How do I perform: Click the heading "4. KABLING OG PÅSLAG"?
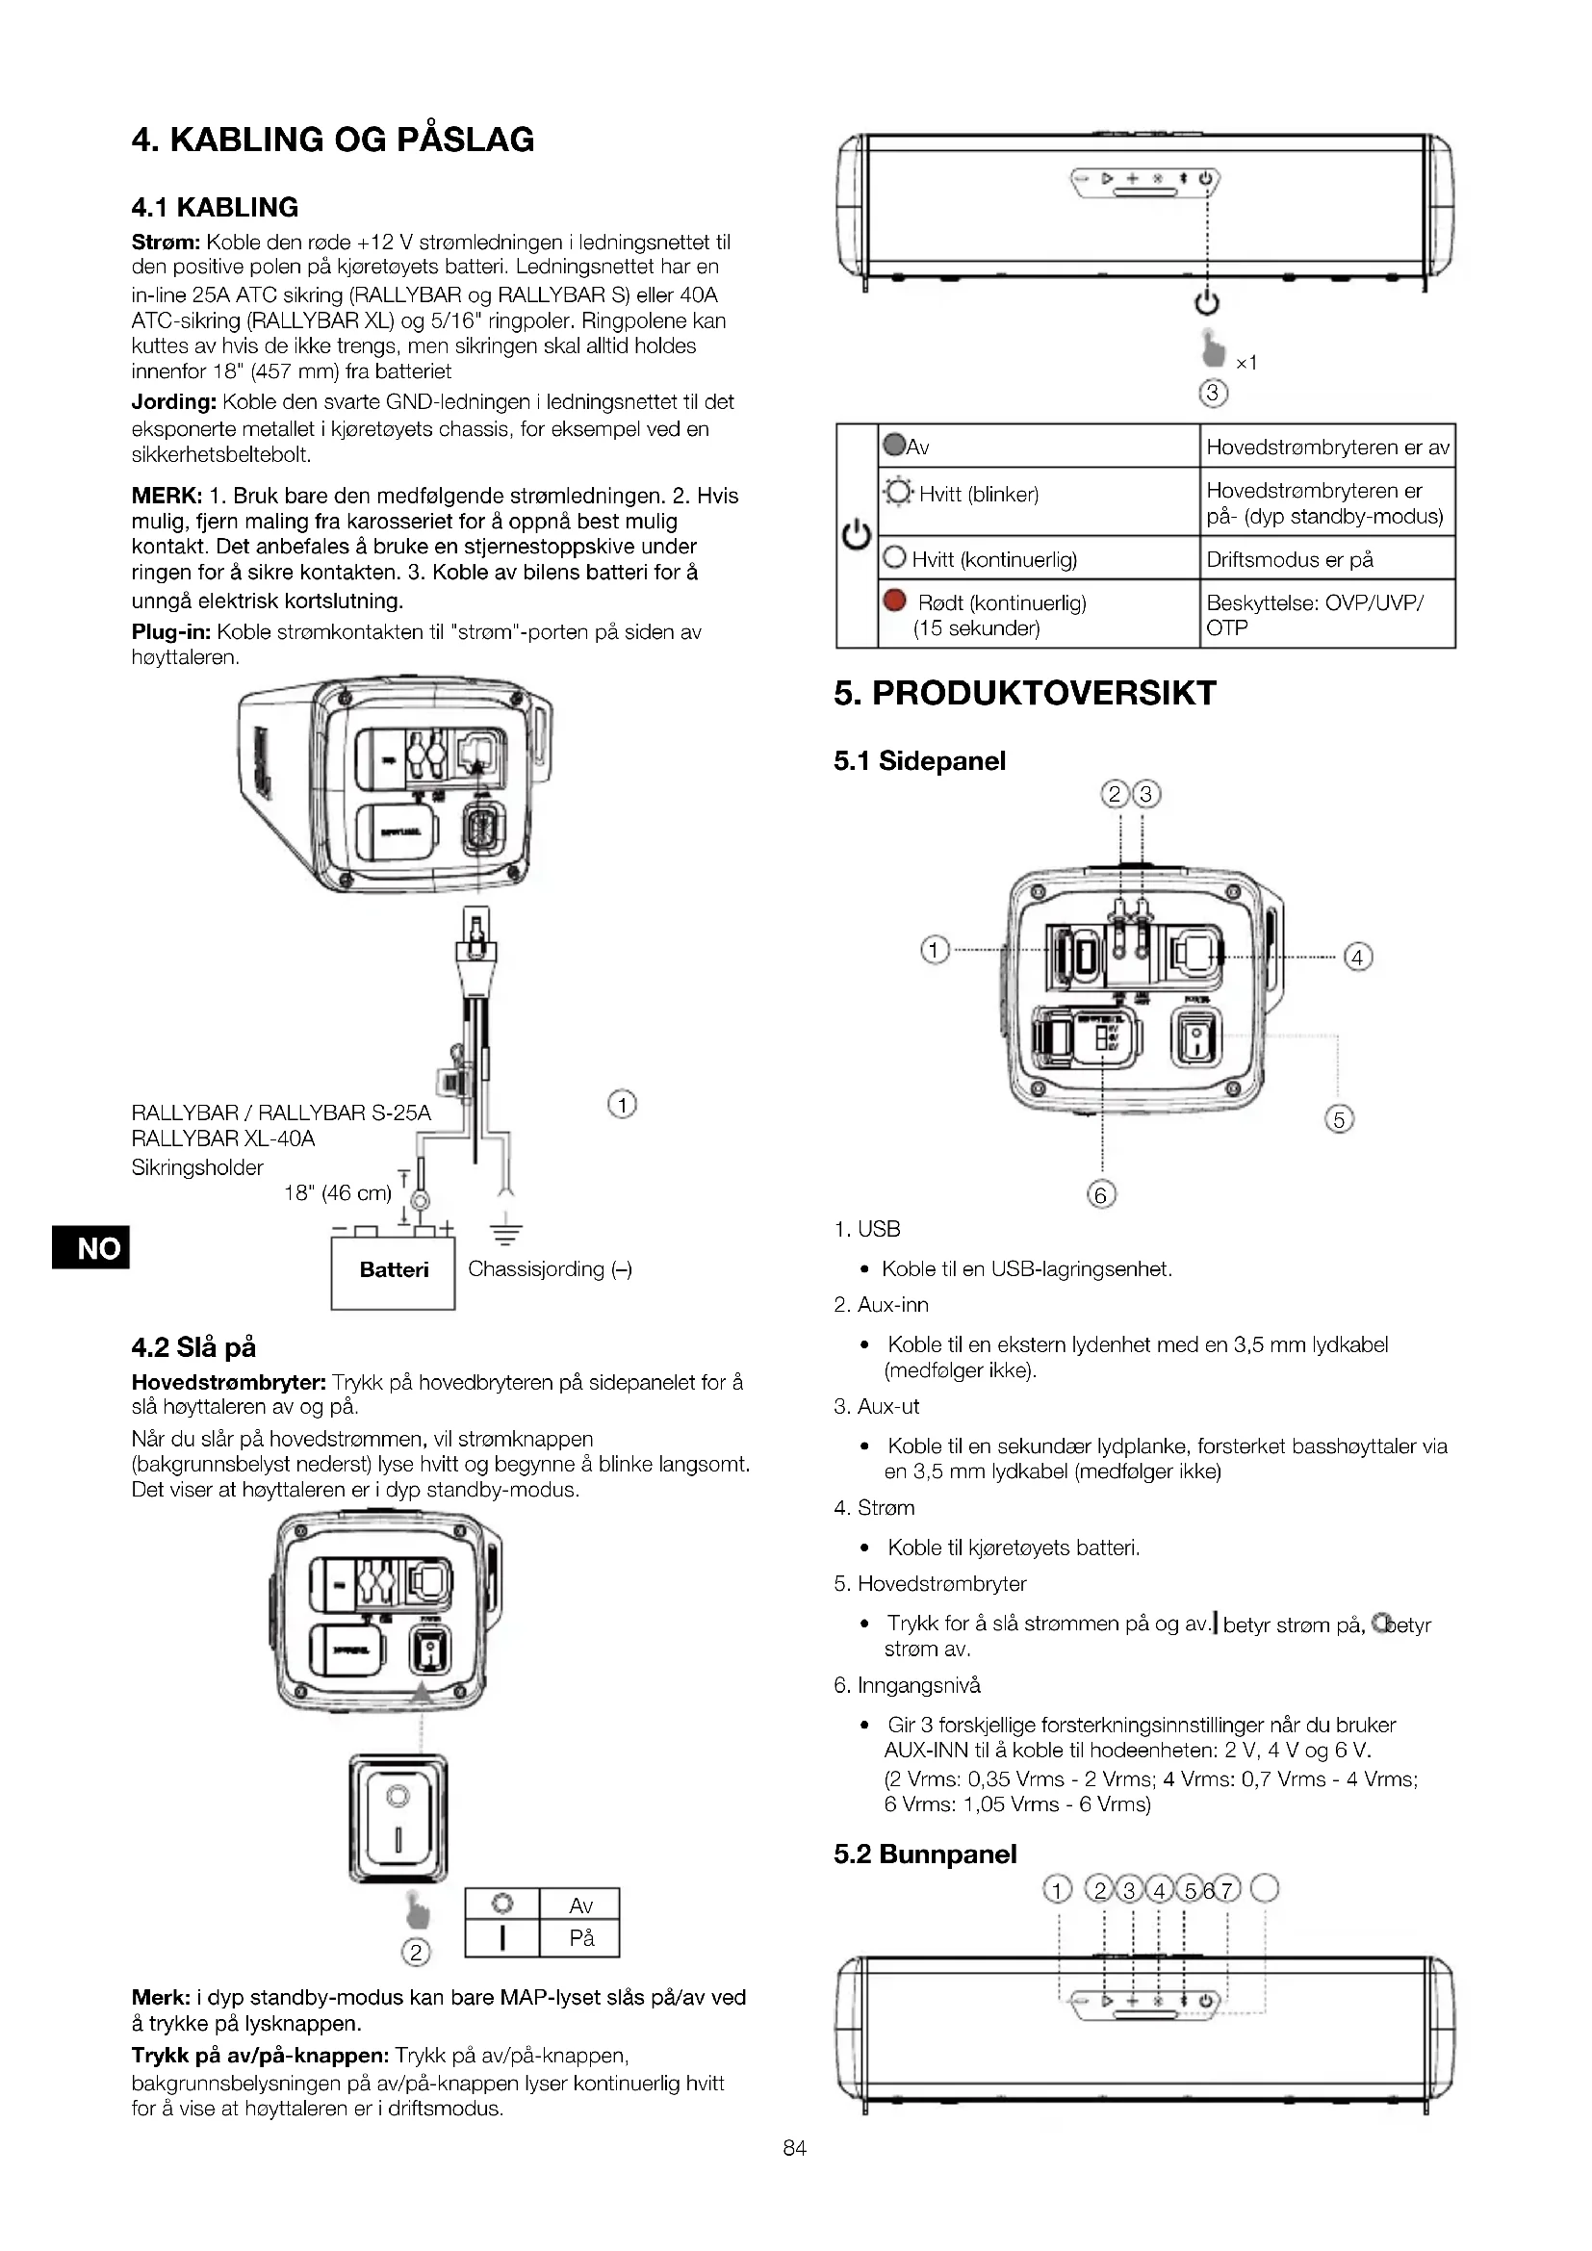[332, 141]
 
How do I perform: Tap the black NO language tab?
[89, 1248]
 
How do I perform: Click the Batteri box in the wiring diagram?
[393, 1270]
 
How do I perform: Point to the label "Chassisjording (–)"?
[549, 1269]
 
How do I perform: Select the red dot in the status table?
[894, 601]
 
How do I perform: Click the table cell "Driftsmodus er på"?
[1289, 560]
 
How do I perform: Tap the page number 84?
[794, 2149]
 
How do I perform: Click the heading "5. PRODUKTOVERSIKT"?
[1024, 693]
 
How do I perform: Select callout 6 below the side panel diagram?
[1101, 1195]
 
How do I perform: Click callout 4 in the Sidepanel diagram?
[1358, 957]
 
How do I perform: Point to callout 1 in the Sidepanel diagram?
[935, 950]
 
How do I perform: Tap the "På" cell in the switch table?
[581, 1939]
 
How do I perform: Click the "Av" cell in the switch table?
[581, 1905]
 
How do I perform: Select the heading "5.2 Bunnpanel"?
[924, 1854]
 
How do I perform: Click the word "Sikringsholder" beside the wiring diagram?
[197, 1167]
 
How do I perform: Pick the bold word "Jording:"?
[173, 402]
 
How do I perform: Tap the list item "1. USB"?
[866, 1229]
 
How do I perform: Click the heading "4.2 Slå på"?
[193, 1348]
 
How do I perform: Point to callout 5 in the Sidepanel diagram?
[1339, 1118]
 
